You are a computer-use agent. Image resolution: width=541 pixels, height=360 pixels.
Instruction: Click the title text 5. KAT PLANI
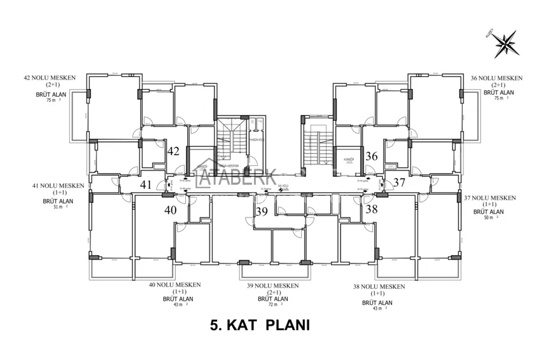259,325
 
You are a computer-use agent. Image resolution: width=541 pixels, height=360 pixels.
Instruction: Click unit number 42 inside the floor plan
174,151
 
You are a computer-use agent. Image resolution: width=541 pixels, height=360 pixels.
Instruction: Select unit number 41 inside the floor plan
146,185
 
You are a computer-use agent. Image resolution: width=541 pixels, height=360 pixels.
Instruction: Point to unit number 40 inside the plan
171,209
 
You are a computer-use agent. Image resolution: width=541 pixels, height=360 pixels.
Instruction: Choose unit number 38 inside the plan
372,208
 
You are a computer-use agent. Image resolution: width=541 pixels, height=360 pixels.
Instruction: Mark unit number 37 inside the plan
399,183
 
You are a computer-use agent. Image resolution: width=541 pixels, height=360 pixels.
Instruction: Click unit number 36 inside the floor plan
372,156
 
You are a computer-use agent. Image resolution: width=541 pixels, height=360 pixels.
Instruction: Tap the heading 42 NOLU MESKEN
49,78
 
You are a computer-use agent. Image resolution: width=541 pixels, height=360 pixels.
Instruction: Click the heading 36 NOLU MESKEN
496,78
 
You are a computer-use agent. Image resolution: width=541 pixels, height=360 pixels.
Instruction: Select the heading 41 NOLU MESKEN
59,186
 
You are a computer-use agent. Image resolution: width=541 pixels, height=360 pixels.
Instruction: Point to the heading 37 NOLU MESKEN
489,197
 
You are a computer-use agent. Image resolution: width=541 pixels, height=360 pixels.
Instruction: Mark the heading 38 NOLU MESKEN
379,286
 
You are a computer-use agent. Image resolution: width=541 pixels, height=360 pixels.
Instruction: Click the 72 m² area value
273,305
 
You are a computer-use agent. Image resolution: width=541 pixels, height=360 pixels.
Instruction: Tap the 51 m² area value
57,207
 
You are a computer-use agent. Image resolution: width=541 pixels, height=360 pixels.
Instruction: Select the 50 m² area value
488,218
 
